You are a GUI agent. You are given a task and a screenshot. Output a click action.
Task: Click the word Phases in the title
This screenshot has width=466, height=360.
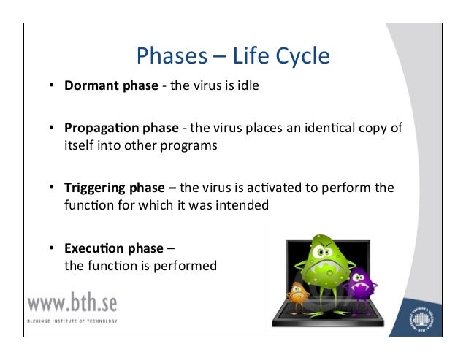172,55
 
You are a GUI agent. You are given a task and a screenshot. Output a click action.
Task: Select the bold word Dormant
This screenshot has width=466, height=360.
91,85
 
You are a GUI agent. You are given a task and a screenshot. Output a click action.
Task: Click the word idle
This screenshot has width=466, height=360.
248,85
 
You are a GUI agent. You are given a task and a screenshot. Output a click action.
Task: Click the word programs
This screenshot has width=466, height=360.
188,146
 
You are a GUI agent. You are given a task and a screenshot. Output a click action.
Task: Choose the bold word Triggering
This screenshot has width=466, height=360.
94,188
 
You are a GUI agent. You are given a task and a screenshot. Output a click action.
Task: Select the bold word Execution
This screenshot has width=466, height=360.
94,248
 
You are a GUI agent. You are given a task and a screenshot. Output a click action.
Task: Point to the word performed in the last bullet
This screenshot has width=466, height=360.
185,267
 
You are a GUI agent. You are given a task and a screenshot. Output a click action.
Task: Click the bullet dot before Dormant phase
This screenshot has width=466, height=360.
52,85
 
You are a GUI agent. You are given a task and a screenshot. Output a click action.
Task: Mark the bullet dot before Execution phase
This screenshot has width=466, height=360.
52,248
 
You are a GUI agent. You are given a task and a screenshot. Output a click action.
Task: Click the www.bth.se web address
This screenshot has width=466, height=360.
72,302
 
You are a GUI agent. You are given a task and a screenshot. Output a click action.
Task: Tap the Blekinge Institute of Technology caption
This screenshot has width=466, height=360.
72,321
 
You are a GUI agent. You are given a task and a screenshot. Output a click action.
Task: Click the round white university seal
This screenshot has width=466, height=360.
421,319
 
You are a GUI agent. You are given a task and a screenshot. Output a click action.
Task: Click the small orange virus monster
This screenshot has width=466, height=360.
298,297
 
